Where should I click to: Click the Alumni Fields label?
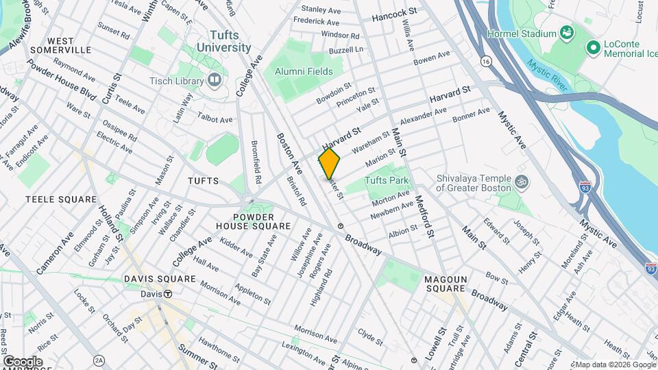coord(304,71)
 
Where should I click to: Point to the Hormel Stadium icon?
coord(566,32)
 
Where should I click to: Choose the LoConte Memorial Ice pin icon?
coord(592,47)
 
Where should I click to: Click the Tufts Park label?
coord(387,181)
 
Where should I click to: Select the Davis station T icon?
coord(167,294)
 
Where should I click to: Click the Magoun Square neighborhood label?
coord(446,284)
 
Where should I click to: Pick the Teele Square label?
coord(61,199)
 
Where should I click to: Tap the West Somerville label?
coord(61,45)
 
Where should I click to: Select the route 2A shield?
coord(99,360)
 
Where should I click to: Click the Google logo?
coord(23,361)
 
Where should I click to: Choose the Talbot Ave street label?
coord(215,119)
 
